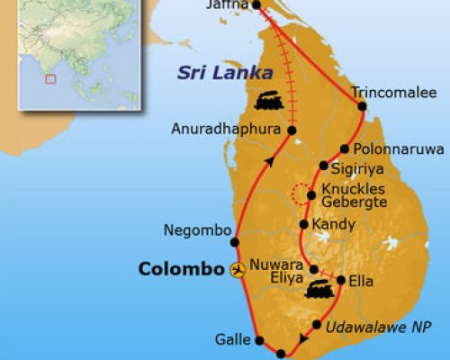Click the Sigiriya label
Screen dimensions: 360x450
tap(356, 166)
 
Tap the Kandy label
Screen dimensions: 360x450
tap(333, 224)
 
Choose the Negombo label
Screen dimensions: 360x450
tap(193, 230)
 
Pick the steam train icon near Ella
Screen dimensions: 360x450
tap(317, 290)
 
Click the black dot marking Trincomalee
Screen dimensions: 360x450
tap(362, 105)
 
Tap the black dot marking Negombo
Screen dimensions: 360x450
tap(235, 241)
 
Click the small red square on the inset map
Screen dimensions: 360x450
tap(50, 78)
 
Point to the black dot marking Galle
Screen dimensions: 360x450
tap(259, 341)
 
